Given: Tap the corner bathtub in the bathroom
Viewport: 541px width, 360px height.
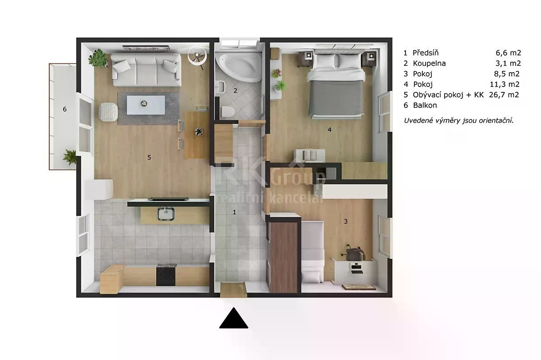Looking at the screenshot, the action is [x=238, y=66].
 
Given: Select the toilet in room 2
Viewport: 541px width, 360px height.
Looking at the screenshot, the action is [x=227, y=112].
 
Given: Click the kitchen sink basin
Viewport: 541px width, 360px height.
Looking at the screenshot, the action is [x=166, y=214].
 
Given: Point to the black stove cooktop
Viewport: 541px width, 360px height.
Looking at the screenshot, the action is [x=166, y=275].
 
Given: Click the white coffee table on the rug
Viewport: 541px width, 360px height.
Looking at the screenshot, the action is [x=146, y=105].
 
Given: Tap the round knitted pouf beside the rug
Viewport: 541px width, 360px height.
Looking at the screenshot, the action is [x=108, y=112].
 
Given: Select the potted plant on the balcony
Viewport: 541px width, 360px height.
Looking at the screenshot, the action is [x=70, y=157].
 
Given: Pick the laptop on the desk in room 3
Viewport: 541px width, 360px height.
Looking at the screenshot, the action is [x=357, y=268].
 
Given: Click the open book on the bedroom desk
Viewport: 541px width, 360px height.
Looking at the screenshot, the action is [x=309, y=155].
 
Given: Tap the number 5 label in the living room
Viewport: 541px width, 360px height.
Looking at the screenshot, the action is [x=149, y=157].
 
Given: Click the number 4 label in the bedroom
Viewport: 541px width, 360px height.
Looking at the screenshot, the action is [x=330, y=130].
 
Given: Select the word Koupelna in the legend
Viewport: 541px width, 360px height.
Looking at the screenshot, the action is [x=429, y=63].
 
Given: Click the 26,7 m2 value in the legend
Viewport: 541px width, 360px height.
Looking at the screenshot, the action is [x=504, y=95].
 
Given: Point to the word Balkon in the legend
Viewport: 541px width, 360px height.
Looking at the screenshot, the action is [x=425, y=105].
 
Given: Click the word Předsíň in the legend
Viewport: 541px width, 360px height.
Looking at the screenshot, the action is [x=426, y=53].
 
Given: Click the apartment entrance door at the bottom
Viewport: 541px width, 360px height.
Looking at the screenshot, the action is [x=234, y=290].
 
